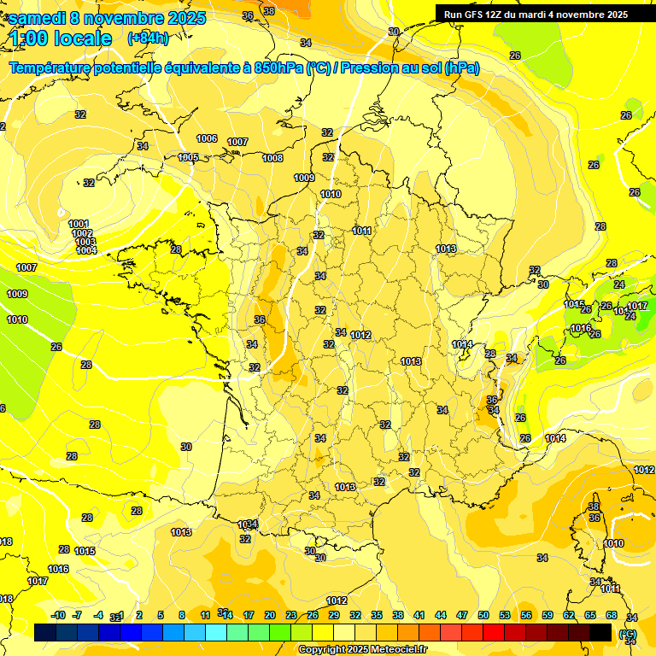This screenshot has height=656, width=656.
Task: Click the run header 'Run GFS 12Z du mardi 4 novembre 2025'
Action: click(536, 15)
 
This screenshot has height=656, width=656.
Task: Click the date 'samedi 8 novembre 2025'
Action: click(107, 18)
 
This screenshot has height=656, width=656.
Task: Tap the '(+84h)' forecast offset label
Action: click(147, 38)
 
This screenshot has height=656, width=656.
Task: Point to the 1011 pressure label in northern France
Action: click(362, 231)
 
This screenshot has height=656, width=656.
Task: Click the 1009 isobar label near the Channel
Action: click(304, 178)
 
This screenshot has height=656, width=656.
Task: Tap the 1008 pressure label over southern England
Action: click(272, 158)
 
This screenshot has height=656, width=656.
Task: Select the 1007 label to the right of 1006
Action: click(237, 142)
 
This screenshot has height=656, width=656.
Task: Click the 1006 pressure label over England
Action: click(207, 138)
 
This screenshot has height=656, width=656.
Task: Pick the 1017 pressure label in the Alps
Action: click(637, 306)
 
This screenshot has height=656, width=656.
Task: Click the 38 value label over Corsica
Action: click(594, 507)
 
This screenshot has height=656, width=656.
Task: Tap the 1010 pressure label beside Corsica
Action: click(613, 543)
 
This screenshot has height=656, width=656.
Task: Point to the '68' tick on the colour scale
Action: click(612, 615)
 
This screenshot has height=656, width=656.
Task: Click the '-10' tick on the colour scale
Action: click(58, 615)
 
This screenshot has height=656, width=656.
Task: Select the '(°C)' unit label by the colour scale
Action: click(628, 634)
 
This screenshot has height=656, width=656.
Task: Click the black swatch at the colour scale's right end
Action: click(600, 632)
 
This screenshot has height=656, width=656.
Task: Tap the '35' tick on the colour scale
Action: click(377, 615)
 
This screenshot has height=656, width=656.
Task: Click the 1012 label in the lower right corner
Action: click(644, 470)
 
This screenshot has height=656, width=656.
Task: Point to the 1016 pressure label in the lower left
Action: click(58, 569)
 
